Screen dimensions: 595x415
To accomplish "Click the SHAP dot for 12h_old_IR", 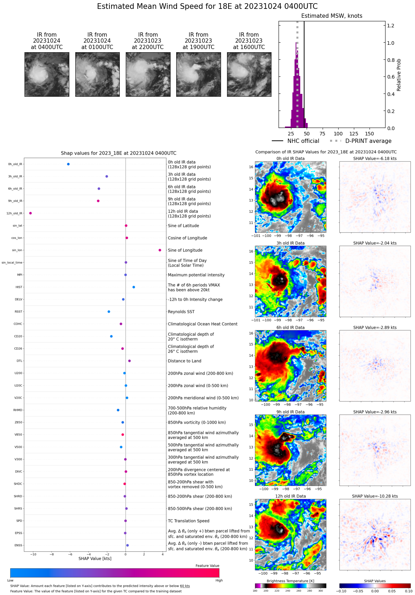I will point(31,213).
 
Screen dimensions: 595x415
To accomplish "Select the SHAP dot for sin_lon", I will point(160,250).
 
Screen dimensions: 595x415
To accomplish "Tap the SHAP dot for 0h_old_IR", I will point(68,164).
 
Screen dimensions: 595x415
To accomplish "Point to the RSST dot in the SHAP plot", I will point(109,312).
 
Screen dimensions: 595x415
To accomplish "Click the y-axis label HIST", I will point(19,287).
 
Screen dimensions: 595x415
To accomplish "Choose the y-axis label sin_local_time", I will point(12,263).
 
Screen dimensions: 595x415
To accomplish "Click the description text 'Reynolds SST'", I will point(181,312).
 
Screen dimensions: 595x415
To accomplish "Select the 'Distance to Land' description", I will point(184,361).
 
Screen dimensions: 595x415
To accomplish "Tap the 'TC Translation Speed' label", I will point(188,521).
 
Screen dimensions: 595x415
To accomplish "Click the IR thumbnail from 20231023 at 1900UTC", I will point(199,74).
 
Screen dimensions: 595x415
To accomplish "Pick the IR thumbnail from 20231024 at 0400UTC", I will point(47,74).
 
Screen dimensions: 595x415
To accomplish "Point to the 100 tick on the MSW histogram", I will point(338,134).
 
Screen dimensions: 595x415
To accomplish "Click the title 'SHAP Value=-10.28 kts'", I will point(375,496).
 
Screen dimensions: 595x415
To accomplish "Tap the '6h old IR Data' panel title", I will point(290,328).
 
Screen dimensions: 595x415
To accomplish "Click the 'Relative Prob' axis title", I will point(399,75).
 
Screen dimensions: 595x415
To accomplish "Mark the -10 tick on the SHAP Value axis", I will point(33,554).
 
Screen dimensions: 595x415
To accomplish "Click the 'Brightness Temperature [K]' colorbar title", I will point(290,581).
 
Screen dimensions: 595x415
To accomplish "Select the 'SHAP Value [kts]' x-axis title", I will point(95,559).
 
